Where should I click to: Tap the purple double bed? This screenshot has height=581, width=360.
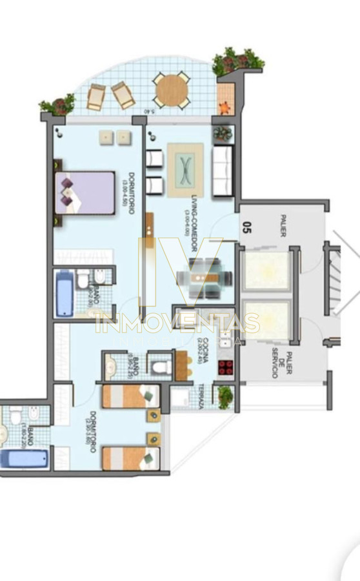point(85,192)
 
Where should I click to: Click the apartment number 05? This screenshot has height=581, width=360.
point(246,227)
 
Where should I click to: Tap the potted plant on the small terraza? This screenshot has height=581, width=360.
point(225,396)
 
